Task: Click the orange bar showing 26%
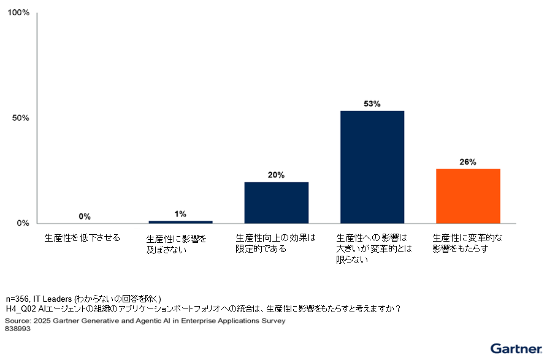(x=468, y=196)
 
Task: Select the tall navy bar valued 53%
(x=372, y=167)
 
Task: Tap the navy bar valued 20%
(x=276, y=202)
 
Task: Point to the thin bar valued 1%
(x=180, y=221)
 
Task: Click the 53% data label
(x=372, y=104)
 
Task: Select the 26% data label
(x=468, y=162)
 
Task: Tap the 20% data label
(x=276, y=175)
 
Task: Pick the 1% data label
(x=180, y=214)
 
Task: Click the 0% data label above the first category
(x=85, y=216)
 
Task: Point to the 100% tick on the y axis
(x=18, y=13)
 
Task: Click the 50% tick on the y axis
(x=21, y=118)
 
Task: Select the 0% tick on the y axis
(x=23, y=223)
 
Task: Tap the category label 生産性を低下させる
(x=82, y=237)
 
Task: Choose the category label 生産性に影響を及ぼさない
(x=177, y=243)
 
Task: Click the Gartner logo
(x=516, y=348)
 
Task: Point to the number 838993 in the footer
(x=18, y=329)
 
